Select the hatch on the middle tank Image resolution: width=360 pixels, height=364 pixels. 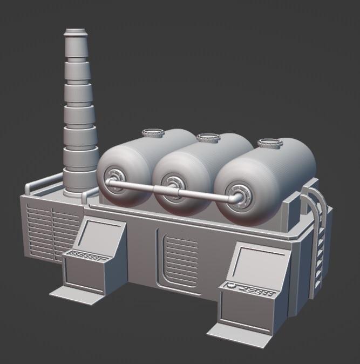coord(208,138)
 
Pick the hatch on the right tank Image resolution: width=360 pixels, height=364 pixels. coord(270,144)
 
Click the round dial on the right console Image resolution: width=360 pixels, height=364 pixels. coord(231,286)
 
